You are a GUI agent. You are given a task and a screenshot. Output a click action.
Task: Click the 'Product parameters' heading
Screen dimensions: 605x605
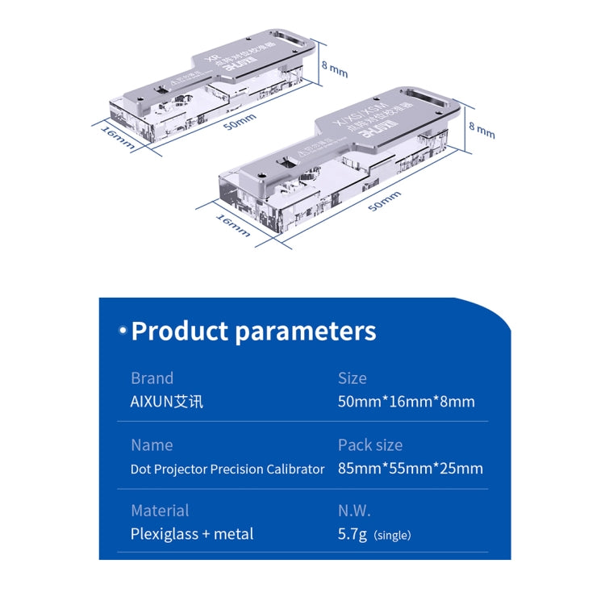click(x=253, y=331)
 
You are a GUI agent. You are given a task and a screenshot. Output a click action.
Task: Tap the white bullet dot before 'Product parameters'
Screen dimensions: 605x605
click(x=123, y=331)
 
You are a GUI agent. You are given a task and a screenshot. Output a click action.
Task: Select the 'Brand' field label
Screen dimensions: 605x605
click(x=152, y=378)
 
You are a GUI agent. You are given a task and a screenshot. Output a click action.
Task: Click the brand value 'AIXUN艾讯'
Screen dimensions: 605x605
click(x=167, y=402)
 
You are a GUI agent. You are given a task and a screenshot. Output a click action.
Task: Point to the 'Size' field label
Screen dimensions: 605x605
click(x=352, y=378)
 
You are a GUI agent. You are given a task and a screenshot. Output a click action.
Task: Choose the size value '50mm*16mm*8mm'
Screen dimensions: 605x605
click(x=406, y=402)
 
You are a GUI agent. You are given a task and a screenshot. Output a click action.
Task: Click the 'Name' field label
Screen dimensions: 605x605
click(x=152, y=444)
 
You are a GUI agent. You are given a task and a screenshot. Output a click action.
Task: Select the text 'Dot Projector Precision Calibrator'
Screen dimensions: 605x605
click(x=227, y=469)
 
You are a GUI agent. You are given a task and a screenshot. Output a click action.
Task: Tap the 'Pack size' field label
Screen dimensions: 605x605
click(x=370, y=444)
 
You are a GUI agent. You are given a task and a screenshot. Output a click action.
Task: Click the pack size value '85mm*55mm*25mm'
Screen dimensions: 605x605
click(x=411, y=469)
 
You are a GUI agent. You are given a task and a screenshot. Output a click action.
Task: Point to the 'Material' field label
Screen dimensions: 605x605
click(x=160, y=511)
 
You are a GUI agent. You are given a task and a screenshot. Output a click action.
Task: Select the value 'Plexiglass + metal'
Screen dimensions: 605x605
click(x=192, y=534)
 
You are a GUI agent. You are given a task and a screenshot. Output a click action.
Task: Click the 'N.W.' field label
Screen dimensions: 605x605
click(x=356, y=511)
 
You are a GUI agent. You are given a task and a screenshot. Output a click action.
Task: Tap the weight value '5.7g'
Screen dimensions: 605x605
click(x=353, y=534)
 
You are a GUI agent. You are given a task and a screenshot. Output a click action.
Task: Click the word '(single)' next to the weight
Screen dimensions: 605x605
click(x=392, y=535)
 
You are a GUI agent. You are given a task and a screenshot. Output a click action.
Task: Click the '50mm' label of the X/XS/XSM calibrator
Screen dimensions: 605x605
click(x=384, y=201)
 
